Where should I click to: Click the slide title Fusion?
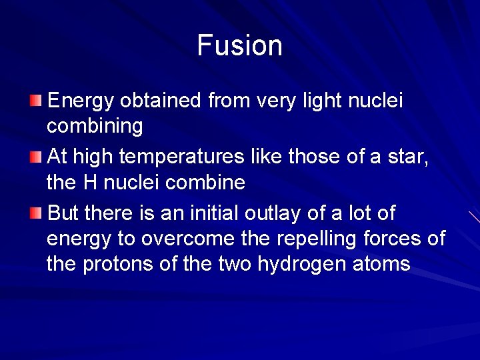click(x=240, y=46)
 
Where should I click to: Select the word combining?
click(x=95, y=127)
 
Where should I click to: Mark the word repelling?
click(x=315, y=239)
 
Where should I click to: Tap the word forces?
click(x=396, y=239)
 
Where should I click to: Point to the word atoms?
click(x=383, y=264)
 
